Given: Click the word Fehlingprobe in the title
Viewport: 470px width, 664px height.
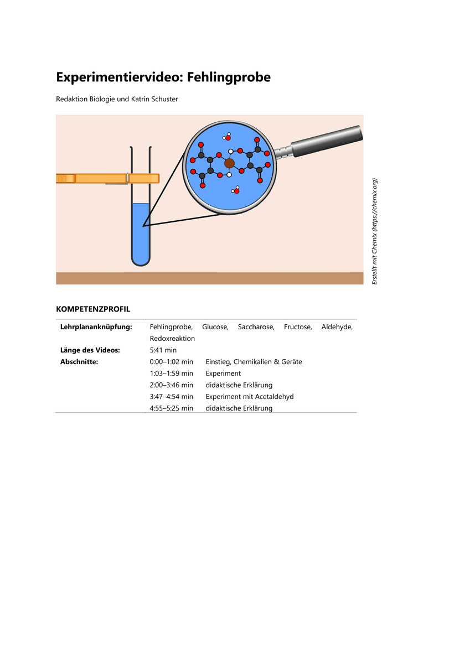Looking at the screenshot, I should [x=229, y=77].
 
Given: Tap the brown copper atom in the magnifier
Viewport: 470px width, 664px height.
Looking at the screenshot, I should [x=229, y=163].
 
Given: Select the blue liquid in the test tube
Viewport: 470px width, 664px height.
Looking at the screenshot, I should [x=141, y=232].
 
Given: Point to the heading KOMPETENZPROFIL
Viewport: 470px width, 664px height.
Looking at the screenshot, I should [x=93, y=309].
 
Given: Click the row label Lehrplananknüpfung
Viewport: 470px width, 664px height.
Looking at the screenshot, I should [x=96, y=327].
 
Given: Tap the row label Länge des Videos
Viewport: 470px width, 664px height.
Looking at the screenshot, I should [x=90, y=350].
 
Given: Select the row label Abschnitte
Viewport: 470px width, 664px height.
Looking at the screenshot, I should [x=79, y=362].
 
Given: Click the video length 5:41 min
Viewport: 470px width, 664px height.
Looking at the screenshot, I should [x=163, y=350].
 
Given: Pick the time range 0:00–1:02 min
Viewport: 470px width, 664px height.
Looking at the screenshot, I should [x=171, y=362].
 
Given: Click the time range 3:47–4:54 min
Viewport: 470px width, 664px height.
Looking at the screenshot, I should [x=171, y=397].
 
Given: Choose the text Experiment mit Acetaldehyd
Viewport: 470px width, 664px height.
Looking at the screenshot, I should [x=249, y=397].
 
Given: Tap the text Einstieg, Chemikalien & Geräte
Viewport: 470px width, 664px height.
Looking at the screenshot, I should [x=254, y=362].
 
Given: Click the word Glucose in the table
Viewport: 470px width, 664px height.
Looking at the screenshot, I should [x=215, y=327].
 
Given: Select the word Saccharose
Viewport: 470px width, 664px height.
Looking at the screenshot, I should [x=256, y=327].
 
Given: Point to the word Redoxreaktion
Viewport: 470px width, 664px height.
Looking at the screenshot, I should [x=172, y=338].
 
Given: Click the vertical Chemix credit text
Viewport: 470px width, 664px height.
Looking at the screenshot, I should [x=375, y=231].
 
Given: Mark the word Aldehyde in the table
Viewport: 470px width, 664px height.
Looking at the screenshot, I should [x=337, y=327].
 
